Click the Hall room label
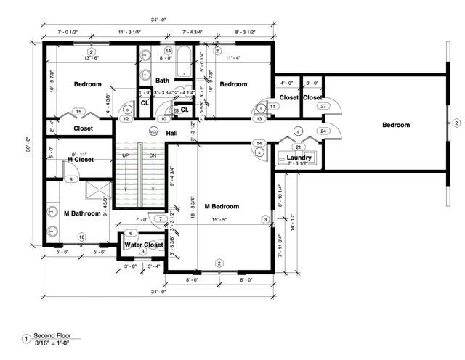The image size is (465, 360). (172, 133)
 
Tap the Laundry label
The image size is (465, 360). (299, 157)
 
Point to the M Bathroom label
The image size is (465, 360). (82, 213)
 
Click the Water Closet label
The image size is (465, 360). (143, 245)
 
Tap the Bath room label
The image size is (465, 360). (162, 81)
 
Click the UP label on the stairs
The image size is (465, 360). (126, 155)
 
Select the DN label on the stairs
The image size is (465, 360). (153, 155)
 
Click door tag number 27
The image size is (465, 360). (323, 106)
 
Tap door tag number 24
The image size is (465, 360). (323, 131)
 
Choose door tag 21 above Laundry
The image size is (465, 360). (299, 146)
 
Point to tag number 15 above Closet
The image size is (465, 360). (81, 112)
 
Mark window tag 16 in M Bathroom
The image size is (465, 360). (81, 237)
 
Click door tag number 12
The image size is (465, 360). (126, 118)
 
